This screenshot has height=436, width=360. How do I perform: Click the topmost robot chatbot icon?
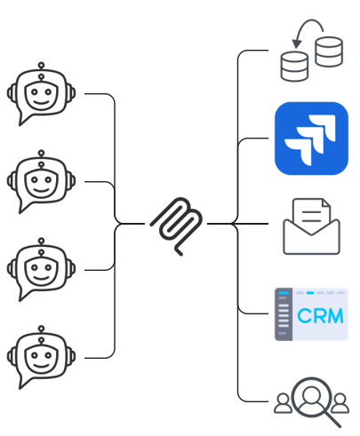coord(41,94)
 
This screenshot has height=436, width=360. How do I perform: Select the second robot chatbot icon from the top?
coord(41,182)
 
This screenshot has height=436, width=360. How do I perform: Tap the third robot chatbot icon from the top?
coord(41,270)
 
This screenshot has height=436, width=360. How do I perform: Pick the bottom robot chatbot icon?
coord(41,358)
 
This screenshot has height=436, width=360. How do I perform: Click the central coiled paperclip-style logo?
coord(177,226)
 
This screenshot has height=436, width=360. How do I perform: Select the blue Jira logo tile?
coord(311,139)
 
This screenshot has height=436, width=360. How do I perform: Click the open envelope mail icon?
coord(311,226)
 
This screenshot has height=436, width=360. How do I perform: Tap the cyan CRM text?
coord(320,316)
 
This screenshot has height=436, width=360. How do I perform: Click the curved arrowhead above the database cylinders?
coord(297,44)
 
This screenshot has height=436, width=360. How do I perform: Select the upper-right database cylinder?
coord(329,52)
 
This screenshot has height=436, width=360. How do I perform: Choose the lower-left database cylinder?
coord(294,67)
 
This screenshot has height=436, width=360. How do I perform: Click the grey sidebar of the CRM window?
coord(284,314)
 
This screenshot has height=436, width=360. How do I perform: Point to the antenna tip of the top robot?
coord(42,65)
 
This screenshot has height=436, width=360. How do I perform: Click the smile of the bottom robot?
coord(41,367)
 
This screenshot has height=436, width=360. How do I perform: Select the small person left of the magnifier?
coord(283,403)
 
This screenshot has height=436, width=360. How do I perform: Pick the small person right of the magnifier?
coord(340,403)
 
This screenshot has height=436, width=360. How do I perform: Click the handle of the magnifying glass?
coord(332,420)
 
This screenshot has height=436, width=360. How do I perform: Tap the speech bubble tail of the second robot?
coord(24,207)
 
